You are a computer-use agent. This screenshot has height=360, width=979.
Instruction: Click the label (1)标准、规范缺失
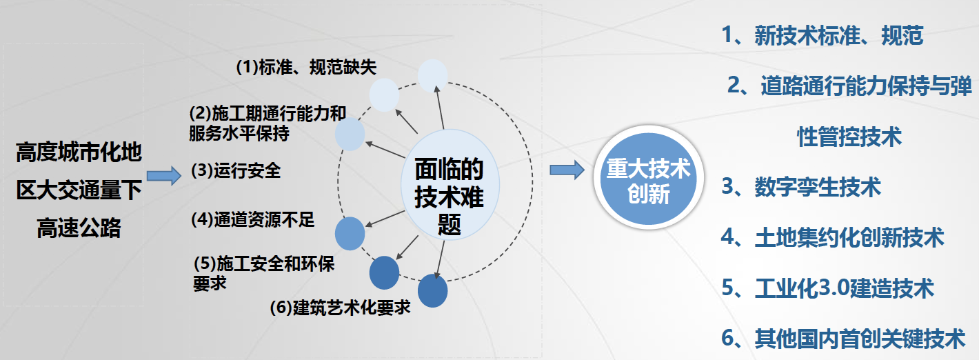[306, 67]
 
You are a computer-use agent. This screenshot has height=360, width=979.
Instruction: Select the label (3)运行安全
[236, 170]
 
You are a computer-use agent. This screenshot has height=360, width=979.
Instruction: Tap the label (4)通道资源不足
[252, 219]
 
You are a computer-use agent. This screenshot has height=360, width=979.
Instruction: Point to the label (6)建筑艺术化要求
[340, 308]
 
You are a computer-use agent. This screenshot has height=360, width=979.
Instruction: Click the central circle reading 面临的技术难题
[450, 184]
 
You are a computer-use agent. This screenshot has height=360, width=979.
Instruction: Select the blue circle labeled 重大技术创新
[649, 178]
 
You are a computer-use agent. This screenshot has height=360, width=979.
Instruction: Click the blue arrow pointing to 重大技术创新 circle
[567, 170]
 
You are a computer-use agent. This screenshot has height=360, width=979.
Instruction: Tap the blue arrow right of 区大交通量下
[164, 176]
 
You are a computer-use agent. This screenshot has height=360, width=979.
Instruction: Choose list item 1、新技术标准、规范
[822, 35]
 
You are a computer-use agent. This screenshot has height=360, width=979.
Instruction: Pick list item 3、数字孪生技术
[800, 187]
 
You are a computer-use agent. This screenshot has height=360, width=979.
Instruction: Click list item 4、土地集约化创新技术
[833, 237]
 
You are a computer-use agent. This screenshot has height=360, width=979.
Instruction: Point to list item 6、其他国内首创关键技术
[843, 338]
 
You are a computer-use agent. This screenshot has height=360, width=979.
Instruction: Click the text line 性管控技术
[849, 137]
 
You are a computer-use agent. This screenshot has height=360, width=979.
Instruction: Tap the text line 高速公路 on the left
[79, 228]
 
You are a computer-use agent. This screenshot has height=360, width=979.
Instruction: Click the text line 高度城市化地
[79, 152]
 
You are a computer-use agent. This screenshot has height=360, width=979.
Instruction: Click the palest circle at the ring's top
[433, 76]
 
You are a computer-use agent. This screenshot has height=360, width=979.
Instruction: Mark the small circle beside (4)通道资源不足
[350, 234]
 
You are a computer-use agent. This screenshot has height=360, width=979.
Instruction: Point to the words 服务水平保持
[239, 133]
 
